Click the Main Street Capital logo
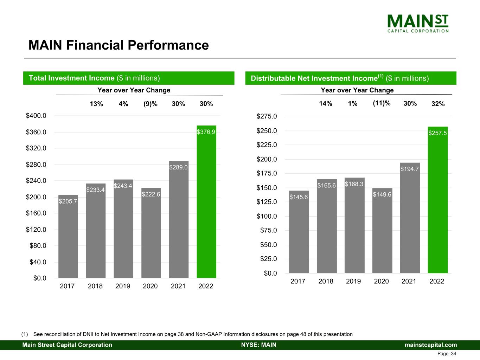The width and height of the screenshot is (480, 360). [x=418, y=24]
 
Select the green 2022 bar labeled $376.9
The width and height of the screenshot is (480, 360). [x=206, y=204]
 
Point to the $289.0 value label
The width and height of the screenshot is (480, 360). [x=179, y=167]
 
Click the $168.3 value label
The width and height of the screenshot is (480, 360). [x=354, y=184]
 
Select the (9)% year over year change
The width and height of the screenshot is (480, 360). [x=151, y=104]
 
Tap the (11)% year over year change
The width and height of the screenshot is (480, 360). [x=382, y=103]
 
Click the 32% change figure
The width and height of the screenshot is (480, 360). [x=438, y=104]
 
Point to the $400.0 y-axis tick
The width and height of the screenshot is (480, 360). [x=36, y=115]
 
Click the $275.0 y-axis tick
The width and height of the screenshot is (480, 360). [x=267, y=116]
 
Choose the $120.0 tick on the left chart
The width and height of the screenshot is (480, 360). [x=36, y=230]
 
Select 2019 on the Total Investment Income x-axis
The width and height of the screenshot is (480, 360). [x=123, y=286]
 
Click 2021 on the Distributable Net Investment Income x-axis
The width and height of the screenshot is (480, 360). [x=409, y=281]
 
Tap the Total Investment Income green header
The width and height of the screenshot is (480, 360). [x=129, y=78]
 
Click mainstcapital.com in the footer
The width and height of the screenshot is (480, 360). [x=431, y=345]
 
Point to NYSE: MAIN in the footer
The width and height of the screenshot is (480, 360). [x=258, y=345]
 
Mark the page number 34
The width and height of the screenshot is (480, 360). [x=454, y=354]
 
